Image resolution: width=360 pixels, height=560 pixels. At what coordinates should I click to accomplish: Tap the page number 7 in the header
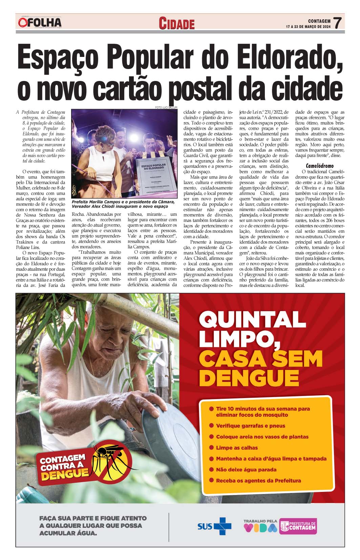[337, 23]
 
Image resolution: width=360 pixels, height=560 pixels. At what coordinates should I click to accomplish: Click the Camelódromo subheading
[320, 166]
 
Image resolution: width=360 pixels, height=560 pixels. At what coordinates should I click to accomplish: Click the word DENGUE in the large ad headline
[249, 377]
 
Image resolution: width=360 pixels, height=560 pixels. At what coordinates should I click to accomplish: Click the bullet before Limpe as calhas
[211, 447]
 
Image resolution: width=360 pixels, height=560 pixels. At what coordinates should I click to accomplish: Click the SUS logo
[214, 526]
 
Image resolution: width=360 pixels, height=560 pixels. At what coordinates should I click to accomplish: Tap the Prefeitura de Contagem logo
[298, 526]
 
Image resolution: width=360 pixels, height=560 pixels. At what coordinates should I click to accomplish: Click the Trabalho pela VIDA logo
[260, 526]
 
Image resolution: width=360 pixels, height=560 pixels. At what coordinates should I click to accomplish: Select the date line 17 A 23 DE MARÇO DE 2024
[308, 26]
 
